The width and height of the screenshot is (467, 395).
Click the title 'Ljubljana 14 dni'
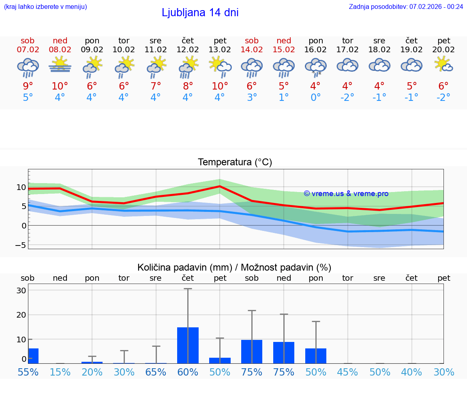coord(200,13)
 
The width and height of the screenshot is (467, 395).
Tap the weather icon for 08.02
coord(60,65)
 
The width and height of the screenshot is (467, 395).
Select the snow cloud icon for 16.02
coord(316,66)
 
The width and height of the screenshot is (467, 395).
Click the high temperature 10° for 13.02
coord(219,86)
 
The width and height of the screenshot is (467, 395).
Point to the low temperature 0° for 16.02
coord(315,98)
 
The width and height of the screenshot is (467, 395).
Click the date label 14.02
coord(252,49)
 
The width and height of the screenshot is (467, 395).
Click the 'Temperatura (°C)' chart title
coord(235,162)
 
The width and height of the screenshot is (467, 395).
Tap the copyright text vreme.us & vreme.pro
coord(346,194)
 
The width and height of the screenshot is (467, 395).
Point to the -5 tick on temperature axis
coord(21,245)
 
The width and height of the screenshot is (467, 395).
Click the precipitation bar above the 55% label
coord(33,356)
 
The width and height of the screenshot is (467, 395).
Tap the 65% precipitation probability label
coord(156,372)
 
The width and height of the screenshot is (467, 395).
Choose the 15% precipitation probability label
coord(60,372)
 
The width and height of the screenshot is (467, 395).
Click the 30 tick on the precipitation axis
coord(21,290)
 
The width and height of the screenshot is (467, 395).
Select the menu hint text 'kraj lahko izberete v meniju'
coord(45,6)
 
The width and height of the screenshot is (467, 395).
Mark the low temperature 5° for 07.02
coord(28,98)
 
